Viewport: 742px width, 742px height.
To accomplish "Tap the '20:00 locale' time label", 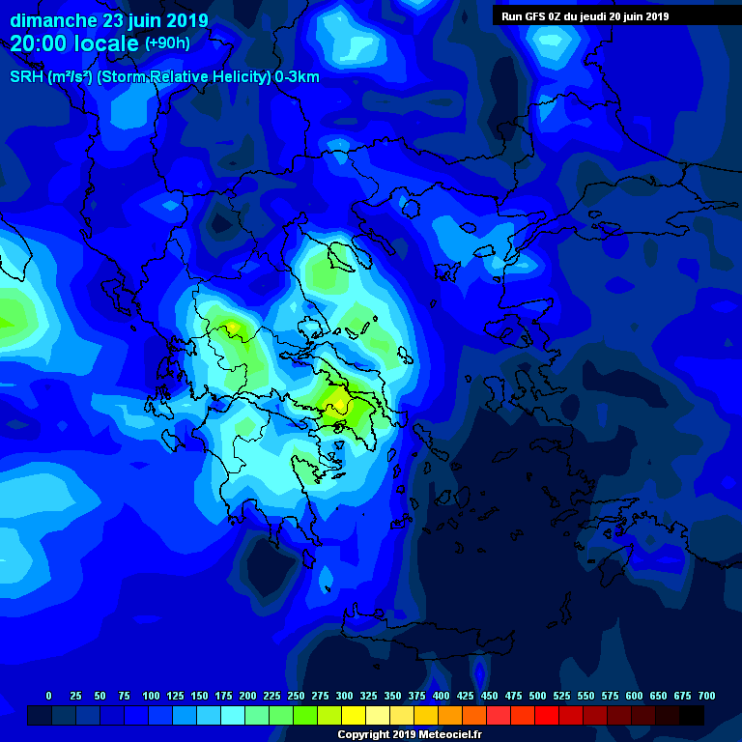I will (x=74, y=43).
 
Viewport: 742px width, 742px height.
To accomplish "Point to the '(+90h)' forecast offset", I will (x=167, y=43).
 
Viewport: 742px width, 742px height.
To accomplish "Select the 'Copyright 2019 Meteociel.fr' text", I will (x=409, y=734).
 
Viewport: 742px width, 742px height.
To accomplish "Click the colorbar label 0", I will (x=48, y=696).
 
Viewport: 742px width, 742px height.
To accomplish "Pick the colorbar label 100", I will (x=151, y=696).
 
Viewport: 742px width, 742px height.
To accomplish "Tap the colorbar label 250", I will (x=296, y=696).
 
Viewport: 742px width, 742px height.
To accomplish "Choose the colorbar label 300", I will (x=344, y=696).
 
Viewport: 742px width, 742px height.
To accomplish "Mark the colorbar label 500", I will (x=537, y=696).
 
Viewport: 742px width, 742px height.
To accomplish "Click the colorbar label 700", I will (x=706, y=696).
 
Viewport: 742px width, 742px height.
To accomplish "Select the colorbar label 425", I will (x=465, y=696).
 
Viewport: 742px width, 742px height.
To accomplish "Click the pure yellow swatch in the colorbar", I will (x=354, y=715).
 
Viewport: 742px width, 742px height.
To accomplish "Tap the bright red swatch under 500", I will (x=547, y=715).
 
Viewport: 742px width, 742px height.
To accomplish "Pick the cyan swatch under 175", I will (x=233, y=715).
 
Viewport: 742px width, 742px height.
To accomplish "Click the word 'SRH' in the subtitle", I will (x=26, y=77).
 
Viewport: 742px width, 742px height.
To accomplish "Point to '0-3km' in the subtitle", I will (x=297, y=77).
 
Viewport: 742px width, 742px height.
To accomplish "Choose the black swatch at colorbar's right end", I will (x=692, y=715).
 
